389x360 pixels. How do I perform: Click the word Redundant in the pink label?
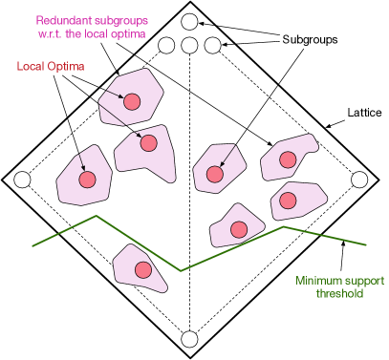pyautogui.click(x=62, y=20)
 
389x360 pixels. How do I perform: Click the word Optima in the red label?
pyautogui.click(x=67, y=67)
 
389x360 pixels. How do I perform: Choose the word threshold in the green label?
pyautogui.click(x=339, y=294)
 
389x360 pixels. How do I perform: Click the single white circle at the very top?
pyautogui.click(x=189, y=21)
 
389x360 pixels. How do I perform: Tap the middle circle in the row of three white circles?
pyautogui.click(x=189, y=45)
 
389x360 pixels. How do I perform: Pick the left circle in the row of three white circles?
pyautogui.click(x=166, y=45)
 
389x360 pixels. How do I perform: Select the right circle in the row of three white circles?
pyautogui.click(x=212, y=45)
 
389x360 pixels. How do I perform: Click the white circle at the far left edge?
pyautogui.click(x=22, y=180)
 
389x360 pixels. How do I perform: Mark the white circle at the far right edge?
pyautogui.click(x=359, y=180)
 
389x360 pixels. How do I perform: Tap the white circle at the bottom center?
pyautogui.click(x=189, y=339)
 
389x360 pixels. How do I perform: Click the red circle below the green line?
pyautogui.click(x=143, y=270)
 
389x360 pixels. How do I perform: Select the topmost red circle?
pyautogui.click(x=132, y=101)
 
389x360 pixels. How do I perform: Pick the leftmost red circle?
pyautogui.click(x=87, y=180)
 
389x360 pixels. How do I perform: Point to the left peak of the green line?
pyautogui.click(x=96, y=216)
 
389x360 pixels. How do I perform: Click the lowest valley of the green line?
pyautogui.click(x=182, y=271)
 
